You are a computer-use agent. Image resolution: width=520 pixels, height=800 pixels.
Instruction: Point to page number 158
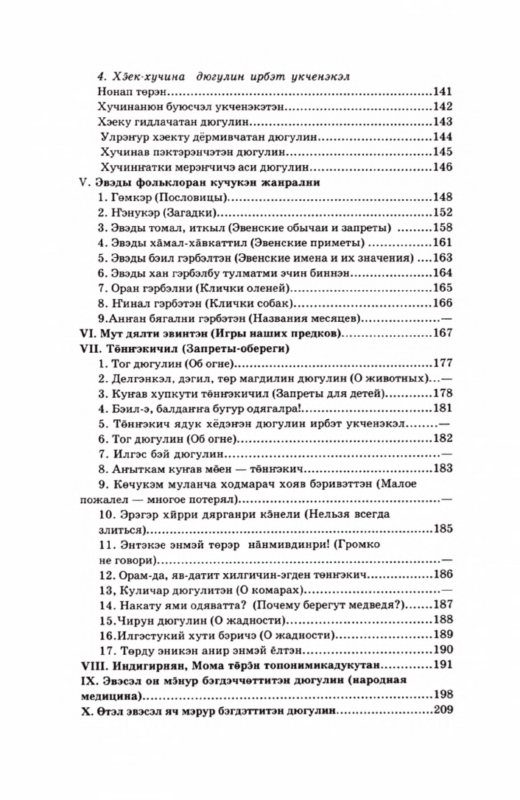point(441,228)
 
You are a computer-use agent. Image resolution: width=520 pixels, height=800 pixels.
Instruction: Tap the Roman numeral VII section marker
point(88,348)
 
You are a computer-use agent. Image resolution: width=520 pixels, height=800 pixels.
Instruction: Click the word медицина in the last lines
point(110,695)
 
